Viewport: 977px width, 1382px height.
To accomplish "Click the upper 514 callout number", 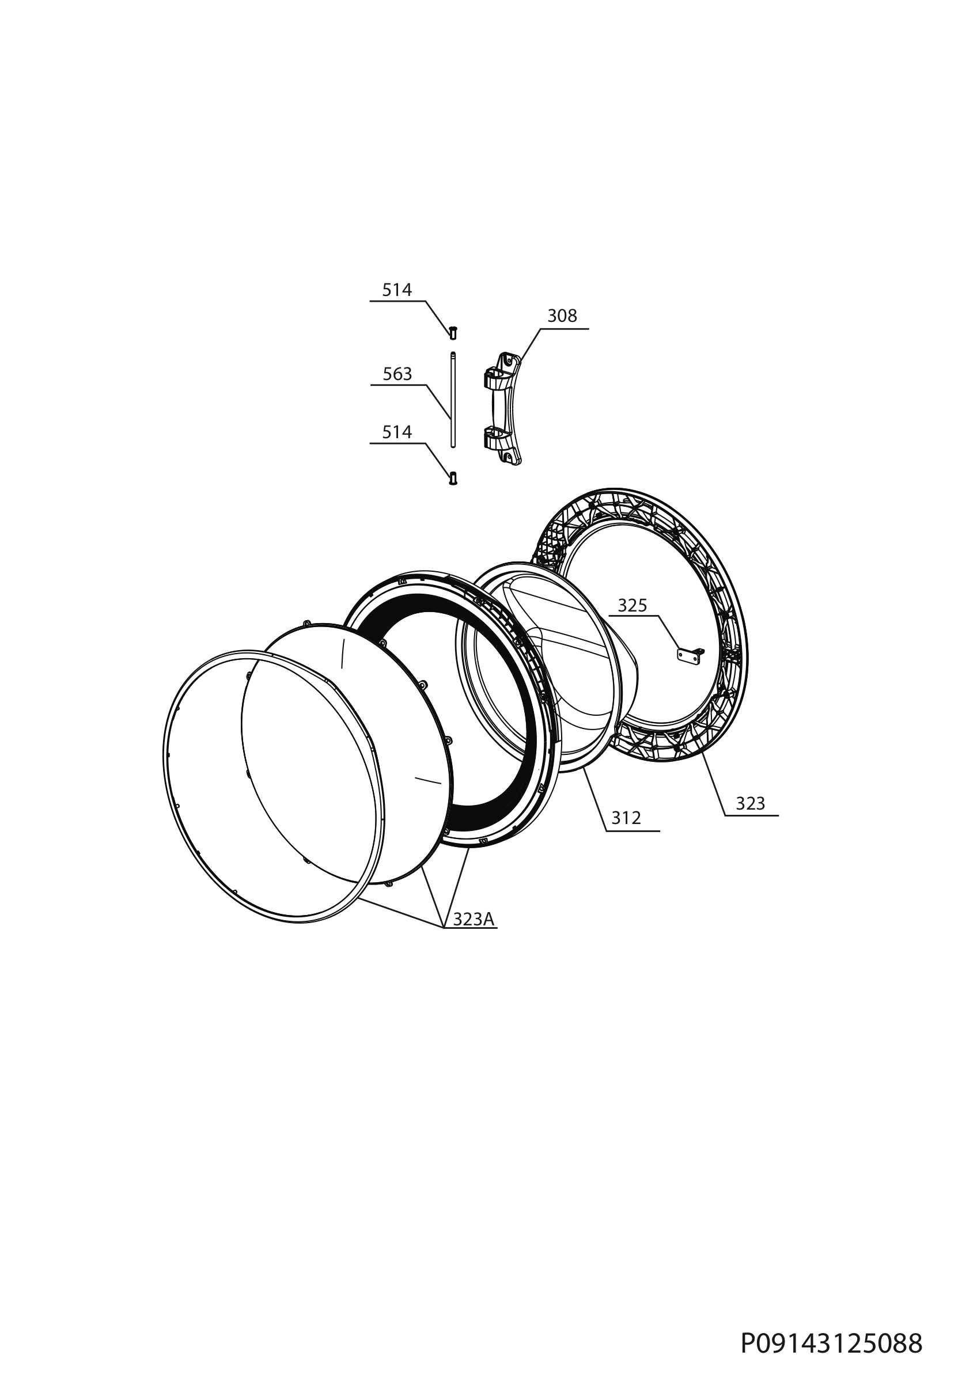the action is (397, 290).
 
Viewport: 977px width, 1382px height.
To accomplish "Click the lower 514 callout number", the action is (397, 432).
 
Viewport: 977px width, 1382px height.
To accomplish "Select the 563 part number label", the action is (397, 374).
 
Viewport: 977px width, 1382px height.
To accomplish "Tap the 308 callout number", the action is (562, 316).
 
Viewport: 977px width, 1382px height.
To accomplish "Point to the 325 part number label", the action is (632, 606).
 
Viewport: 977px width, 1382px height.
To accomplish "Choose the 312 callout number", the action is (626, 818).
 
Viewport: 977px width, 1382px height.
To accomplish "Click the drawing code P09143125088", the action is (831, 1339).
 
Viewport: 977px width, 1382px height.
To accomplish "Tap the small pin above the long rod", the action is (453, 332).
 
